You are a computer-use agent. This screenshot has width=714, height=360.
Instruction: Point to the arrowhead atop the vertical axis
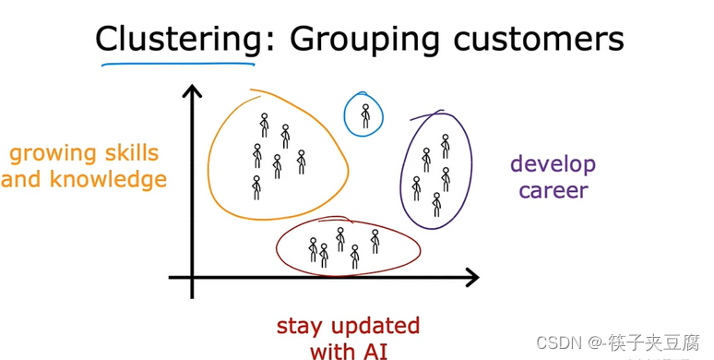coord(193,91)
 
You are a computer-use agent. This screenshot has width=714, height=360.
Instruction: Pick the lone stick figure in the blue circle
coord(365,115)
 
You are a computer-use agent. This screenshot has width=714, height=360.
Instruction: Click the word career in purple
coord(553,191)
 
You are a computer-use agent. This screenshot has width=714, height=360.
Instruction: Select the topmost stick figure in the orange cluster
coord(264,124)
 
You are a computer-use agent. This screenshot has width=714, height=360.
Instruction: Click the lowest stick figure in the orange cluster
coord(256,187)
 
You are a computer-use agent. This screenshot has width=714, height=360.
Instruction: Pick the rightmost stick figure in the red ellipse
coord(375,241)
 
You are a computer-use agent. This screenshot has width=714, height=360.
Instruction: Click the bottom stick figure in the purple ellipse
coord(436,204)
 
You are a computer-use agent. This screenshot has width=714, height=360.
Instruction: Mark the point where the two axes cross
coord(193,276)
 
